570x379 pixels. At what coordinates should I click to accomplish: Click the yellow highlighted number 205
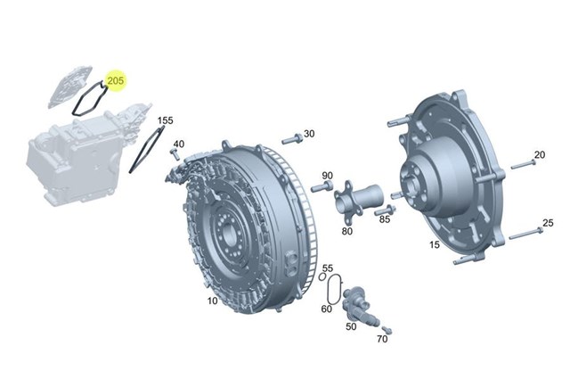[116, 80]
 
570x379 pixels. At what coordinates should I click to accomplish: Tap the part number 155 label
[165, 120]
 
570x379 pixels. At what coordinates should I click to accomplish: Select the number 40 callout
[178, 144]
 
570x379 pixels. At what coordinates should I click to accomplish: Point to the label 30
[309, 134]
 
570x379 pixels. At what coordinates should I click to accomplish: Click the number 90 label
[327, 176]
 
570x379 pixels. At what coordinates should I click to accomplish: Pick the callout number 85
[385, 219]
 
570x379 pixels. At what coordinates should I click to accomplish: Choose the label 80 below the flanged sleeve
[347, 231]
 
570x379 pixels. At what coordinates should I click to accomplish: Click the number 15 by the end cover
[435, 244]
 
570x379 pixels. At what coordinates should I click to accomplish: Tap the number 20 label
[540, 155]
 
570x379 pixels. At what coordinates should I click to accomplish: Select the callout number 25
[548, 223]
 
